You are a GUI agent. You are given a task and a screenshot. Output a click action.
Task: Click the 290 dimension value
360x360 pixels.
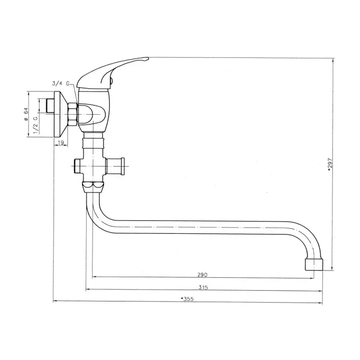(x=202, y=274)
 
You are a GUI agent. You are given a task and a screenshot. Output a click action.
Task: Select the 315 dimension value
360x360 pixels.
(x=203, y=287)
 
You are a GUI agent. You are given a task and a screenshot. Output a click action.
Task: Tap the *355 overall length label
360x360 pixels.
(x=187, y=299)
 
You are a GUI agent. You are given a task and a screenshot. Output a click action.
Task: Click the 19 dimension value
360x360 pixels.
(x=61, y=142)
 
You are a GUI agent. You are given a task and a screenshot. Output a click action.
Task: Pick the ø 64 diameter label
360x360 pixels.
(x=26, y=114)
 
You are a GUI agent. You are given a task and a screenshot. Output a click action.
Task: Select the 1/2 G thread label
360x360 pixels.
(x=36, y=125)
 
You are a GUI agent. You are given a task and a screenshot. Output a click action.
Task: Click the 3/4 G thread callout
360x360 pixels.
(x=61, y=83)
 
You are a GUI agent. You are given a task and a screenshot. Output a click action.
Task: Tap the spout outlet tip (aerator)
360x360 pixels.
(x=313, y=264)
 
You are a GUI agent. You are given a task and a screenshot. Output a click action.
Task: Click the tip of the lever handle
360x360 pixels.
(x=147, y=59)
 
